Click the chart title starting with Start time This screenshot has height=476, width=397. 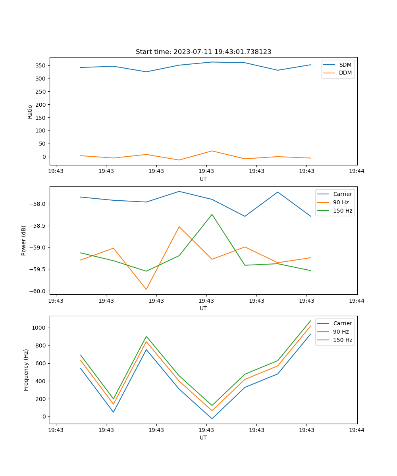pos(203,52)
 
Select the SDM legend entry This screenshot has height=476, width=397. pos(345,65)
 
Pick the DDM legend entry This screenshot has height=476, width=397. pos(345,73)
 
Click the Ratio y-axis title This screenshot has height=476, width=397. pos(30,112)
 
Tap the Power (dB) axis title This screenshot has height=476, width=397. pos(24,240)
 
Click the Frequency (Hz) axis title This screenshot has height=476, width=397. pos(26,370)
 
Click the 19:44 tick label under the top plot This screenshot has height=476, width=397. pos(357,171)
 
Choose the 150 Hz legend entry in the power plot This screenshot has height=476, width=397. pos(343,211)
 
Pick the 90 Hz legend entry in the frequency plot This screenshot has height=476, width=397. pos(341,332)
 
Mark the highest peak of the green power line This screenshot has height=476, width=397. pos(212,215)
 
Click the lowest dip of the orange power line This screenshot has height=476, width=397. pos(146,289)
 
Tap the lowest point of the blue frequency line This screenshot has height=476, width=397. pos(212,419)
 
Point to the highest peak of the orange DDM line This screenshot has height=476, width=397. pos(212,151)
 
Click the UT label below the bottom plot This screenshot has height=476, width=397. pos(203,438)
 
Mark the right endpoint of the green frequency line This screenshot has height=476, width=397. pos(310,321)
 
